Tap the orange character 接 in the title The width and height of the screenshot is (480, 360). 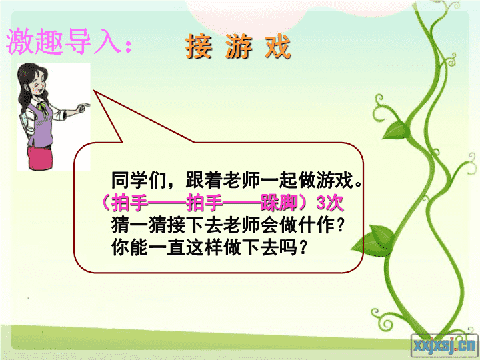199,46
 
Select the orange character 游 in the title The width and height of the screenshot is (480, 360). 239,46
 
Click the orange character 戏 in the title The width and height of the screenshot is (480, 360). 277,46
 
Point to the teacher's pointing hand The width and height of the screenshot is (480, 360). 83,107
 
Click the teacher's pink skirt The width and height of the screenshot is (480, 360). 40,157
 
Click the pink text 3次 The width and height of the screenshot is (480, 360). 329,203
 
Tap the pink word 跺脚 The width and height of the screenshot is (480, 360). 279,203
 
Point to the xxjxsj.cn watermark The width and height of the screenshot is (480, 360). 445,345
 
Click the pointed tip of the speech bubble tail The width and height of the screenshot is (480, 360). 94,91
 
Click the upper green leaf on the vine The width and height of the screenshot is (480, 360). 395,129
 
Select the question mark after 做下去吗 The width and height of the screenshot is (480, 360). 303,247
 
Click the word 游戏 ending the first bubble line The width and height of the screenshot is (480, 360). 335,180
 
